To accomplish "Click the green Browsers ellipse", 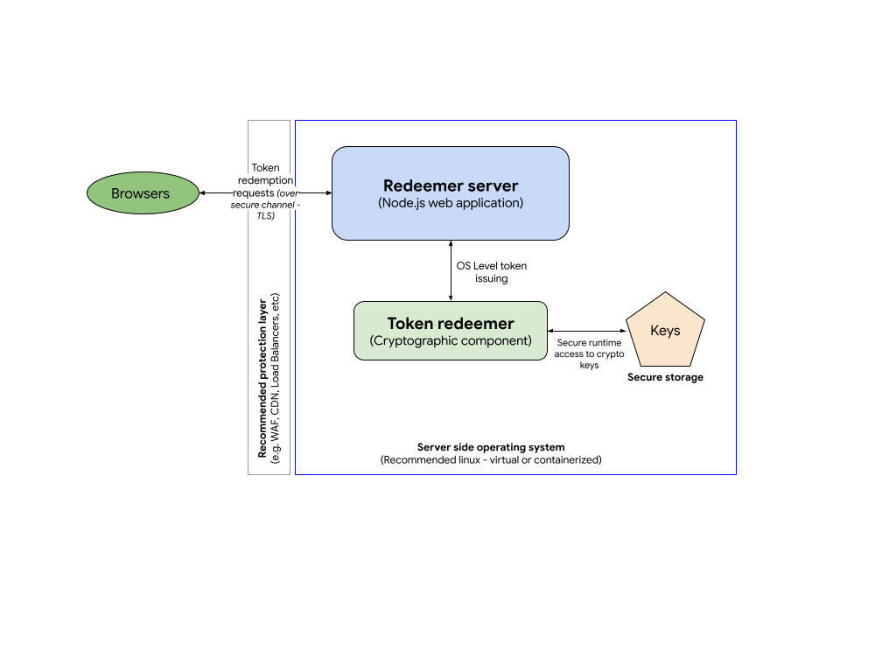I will click(x=143, y=193).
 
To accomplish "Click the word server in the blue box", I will click(x=489, y=185).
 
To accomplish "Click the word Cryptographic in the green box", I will click(x=412, y=340).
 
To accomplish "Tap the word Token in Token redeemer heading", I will click(x=409, y=324).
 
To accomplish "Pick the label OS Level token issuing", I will click(x=492, y=272).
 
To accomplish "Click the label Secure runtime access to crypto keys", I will click(x=589, y=354).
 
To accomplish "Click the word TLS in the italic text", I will click(x=265, y=215).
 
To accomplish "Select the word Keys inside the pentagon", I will click(x=665, y=331).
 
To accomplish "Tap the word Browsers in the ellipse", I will click(x=140, y=193).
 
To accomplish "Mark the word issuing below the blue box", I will click(x=492, y=279).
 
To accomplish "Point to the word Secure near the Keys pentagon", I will click(x=573, y=343).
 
